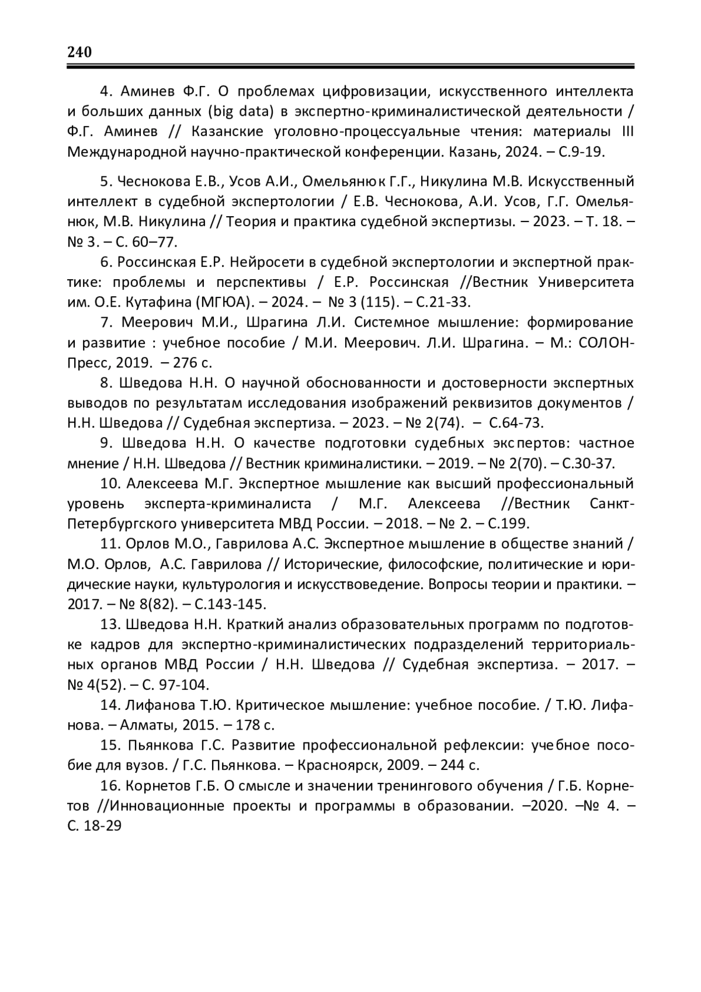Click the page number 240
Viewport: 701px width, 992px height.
pos(79,52)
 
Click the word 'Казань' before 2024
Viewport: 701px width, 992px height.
pos(469,152)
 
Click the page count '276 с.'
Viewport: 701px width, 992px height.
pos(193,363)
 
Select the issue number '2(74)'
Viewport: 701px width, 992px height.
pos(438,423)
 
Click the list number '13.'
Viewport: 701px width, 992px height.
pos(110,625)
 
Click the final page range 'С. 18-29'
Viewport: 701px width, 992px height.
pos(94,826)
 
